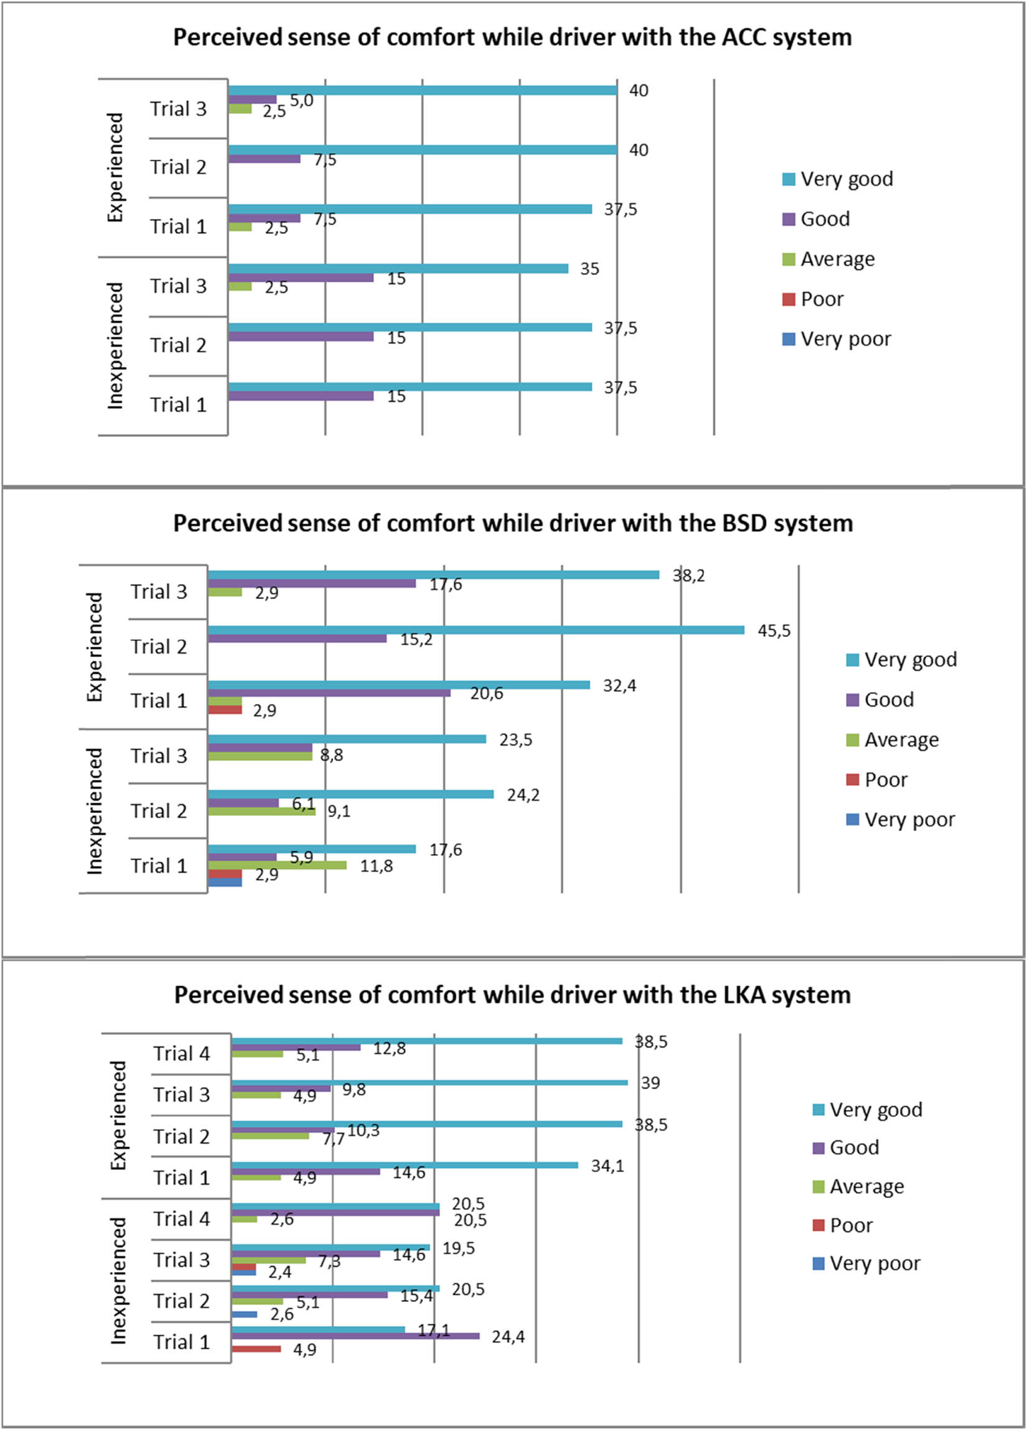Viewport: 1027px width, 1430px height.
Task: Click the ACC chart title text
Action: [x=512, y=37]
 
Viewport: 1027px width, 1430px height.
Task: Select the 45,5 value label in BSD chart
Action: [x=774, y=631]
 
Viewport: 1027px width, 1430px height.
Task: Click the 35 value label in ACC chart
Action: [x=589, y=269]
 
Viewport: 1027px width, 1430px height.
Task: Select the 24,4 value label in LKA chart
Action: [x=508, y=1337]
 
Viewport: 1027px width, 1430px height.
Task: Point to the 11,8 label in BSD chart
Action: [x=376, y=866]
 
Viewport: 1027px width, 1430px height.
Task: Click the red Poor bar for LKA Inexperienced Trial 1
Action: [x=256, y=1349]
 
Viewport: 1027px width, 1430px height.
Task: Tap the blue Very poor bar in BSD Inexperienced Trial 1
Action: [x=225, y=883]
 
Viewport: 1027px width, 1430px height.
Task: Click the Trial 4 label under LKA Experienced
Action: [x=181, y=1054]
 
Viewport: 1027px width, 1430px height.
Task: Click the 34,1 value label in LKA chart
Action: [x=607, y=1166]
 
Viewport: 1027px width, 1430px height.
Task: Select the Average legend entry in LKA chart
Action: [x=866, y=1187]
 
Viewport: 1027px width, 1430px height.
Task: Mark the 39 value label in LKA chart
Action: [x=650, y=1083]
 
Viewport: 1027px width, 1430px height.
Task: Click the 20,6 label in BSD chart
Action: [x=485, y=694]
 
